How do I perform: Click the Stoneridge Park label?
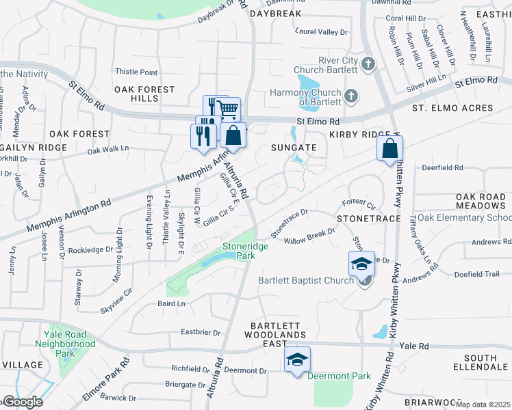(x=238, y=251)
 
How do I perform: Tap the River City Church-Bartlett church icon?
(x=368, y=65)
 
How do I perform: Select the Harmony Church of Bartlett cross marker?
(x=351, y=95)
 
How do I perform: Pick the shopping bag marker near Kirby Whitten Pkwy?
(x=389, y=148)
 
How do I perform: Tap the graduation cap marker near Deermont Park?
(x=298, y=359)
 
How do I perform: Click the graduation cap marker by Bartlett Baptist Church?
(x=361, y=264)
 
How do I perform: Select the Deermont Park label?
(x=339, y=376)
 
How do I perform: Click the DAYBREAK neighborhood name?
(x=276, y=14)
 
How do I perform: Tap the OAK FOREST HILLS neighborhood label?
(x=144, y=94)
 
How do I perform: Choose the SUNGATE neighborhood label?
(x=294, y=147)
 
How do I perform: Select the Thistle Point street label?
(x=136, y=72)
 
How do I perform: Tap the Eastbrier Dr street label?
(x=201, y=333)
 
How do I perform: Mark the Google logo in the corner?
(x=23, y=401)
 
